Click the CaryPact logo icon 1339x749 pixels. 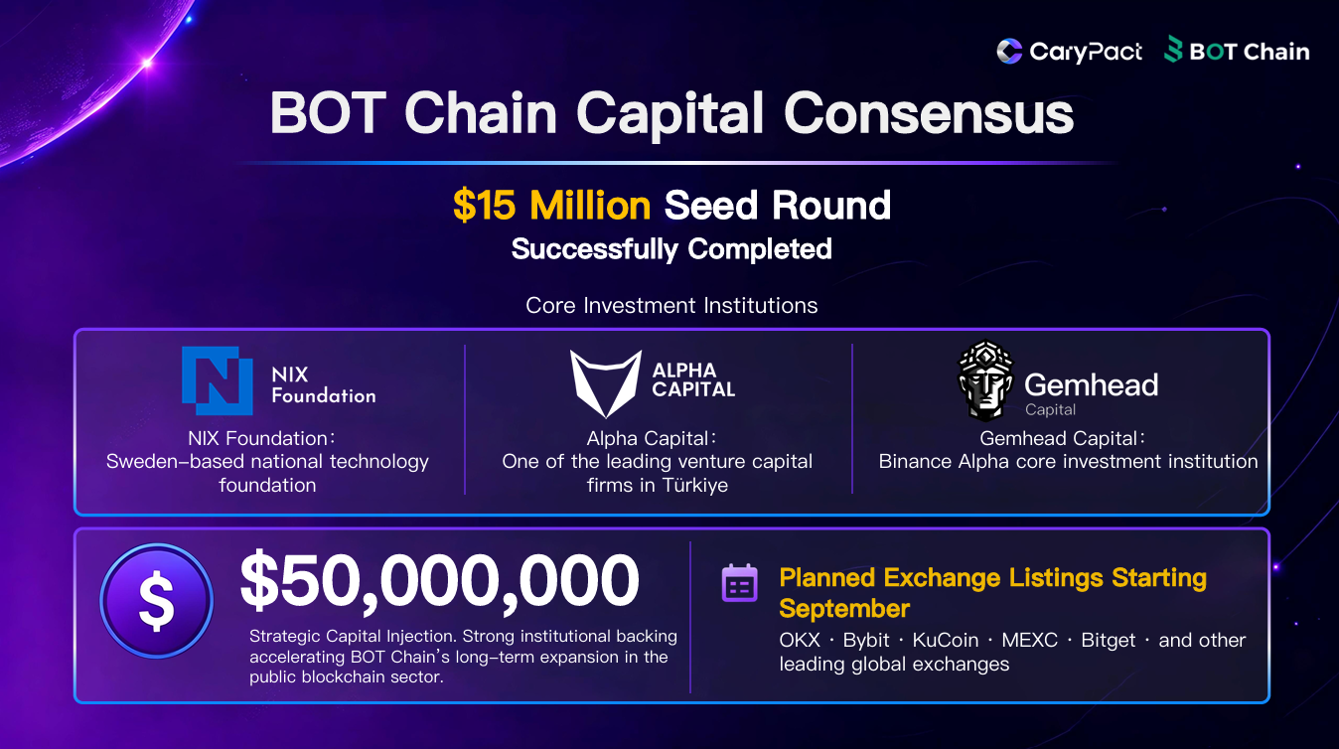click(1009, 51)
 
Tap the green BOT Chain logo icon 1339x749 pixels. click(1173, 49)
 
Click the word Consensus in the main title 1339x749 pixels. click(929, 113)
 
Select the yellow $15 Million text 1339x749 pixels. click(551, 206)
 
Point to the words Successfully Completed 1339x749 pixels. click(671, 249)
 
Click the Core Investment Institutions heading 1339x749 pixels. click(671, 305)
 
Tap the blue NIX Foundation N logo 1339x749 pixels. click(217, 380)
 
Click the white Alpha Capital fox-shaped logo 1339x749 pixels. click(606, 383)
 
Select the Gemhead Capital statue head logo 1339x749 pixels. click(985, 380)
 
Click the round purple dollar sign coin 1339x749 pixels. click(157, 601)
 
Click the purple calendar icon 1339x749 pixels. click(739, 583)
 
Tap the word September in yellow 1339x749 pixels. click(844, 609)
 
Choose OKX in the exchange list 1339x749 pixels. click(800, 640)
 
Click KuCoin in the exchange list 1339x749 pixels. click(945, 640)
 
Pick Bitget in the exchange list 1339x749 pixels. click(1108, 641)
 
